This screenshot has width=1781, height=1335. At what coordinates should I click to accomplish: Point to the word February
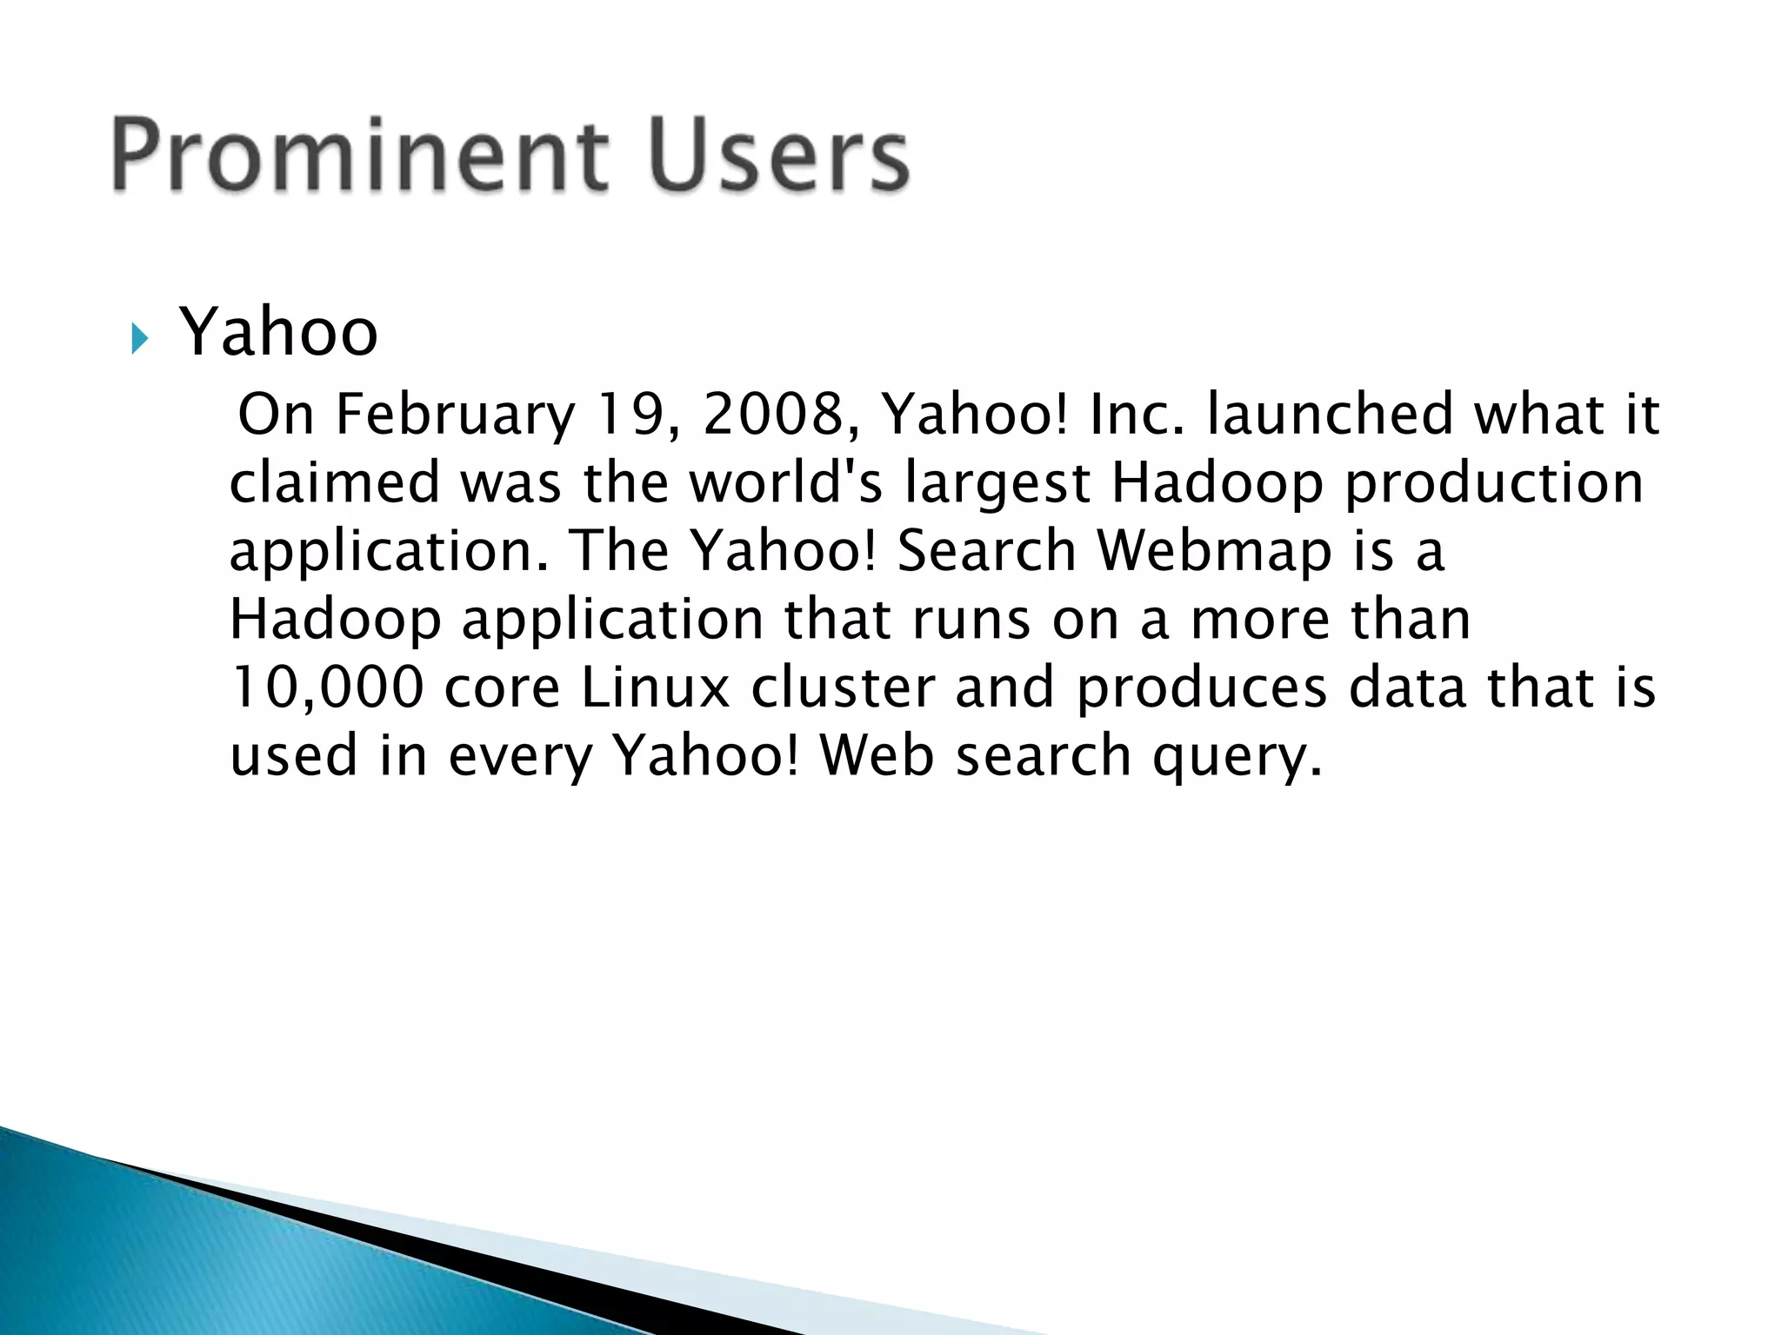pyautogui.click(x=455, y=415)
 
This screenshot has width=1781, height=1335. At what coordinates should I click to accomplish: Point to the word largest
pyautogui.click(x=997, y=484)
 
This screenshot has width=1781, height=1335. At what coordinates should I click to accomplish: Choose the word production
pyautogui.click(x=1494, y=484)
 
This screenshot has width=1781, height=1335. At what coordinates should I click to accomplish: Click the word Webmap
pyautogui.click(x=1214, y=551)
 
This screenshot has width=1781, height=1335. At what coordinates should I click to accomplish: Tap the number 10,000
pyautogui.click(x=327, y=688)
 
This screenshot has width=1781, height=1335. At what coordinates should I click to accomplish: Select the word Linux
pyautogui.click(x=655, y=687)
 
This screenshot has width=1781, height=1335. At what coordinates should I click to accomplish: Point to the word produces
pyautogui.click(x=1201, y=688)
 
